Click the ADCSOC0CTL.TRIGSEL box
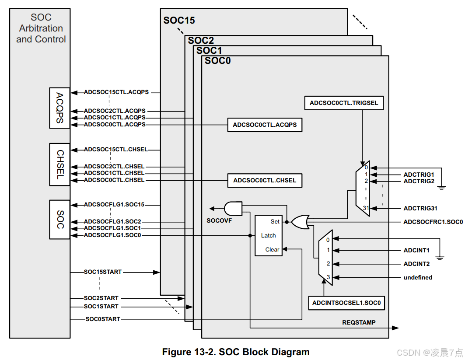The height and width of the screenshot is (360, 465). pos(344,103)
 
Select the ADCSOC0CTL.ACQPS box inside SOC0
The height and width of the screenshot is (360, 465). pos(265,125)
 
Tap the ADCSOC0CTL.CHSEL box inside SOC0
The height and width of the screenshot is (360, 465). pos(265,180)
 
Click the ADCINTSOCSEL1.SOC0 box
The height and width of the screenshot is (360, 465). pos(346,303)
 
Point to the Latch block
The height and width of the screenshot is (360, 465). pos(269,235)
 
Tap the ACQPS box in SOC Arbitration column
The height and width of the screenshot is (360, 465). pos(60,108)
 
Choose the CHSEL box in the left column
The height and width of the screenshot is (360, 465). pos(60,164)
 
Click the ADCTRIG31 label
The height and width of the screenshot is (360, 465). pos(420,209)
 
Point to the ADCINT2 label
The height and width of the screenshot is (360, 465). pos(416,264)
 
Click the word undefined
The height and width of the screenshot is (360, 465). pos(418,277)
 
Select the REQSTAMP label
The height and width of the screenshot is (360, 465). pos(359,323)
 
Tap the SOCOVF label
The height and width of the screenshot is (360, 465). pos(219,220)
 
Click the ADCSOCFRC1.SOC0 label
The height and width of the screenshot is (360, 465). pos(433,222)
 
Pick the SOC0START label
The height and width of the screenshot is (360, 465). pos(103,319)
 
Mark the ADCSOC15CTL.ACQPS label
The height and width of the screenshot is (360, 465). pos(116,92)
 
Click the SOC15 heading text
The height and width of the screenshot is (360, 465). pos(179,20)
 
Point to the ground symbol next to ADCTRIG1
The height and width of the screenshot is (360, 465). pos(442,188)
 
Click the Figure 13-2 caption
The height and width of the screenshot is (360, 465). pos(236,352)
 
